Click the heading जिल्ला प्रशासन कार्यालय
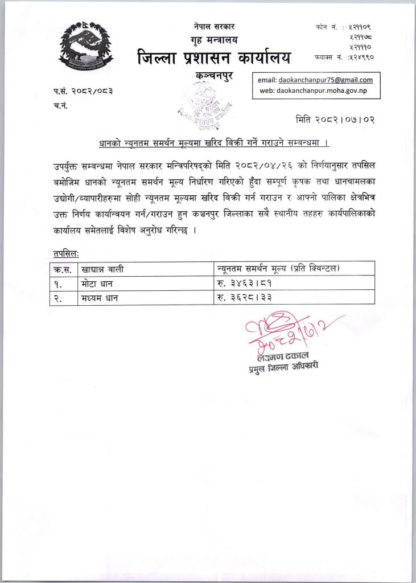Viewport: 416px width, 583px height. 213,58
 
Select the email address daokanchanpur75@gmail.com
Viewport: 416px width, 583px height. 326,80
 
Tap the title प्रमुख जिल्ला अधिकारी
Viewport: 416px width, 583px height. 282,368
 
